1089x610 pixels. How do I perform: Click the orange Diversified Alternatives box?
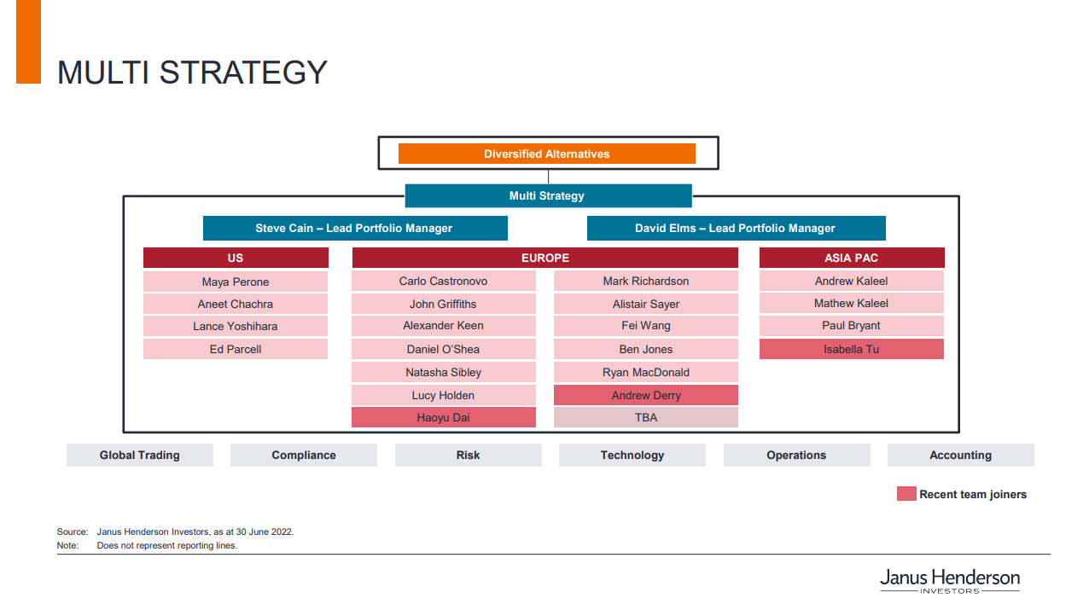[x=546, y=154]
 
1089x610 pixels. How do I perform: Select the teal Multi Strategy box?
[x=548, y=196]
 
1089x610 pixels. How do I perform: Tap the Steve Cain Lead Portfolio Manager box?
[x=355, y=228]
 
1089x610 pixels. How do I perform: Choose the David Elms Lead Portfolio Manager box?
[x=736, y=228]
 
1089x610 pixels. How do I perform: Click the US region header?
[x=236, y=258]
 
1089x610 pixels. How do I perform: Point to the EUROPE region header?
[x=545, y=258]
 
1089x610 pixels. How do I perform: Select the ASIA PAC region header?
[x=852, y=258]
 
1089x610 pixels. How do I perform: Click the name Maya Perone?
[x=236, y=282]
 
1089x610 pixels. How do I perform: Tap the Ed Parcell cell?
[x=236, y=349]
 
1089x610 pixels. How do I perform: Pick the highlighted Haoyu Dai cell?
[x=444, y=417]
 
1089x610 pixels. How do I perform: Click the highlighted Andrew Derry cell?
[x=645, y=395]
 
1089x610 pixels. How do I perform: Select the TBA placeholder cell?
[x=645, y=417]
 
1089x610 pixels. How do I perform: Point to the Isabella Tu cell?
[x=851, y=349]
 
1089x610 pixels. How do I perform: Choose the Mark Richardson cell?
[x=645, y=281]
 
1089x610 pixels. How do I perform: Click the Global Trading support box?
[x=139, y=455]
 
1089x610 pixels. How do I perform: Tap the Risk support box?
[x=469, y=455]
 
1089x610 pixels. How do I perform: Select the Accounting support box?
[x=961, y=455]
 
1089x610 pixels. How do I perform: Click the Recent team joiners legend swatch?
[x=906, y=493]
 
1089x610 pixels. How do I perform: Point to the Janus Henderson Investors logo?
[x=950, y=581]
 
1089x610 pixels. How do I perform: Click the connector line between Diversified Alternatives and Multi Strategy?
[x=549, y=177]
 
